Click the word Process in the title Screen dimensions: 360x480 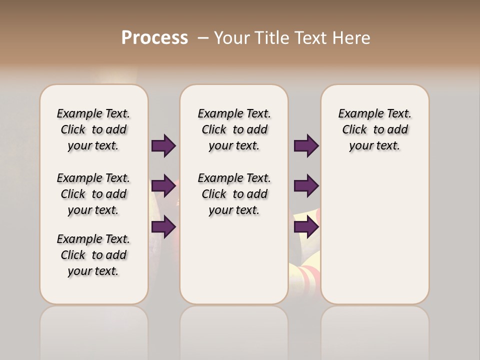[154, 38]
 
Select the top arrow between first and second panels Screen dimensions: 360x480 [163, 145]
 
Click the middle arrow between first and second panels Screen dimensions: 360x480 [163, 186]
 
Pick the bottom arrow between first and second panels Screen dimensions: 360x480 [163, 226]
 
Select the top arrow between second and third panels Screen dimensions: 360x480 [306, 145]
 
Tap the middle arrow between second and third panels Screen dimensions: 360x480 [306, 186]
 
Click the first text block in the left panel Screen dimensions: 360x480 [93, 129]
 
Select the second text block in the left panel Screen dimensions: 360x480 [93, 194]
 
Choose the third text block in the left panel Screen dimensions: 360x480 [93, 255]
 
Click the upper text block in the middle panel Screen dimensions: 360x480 [234, 129]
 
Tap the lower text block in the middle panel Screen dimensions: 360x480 [234, 194]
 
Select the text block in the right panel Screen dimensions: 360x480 [374, 129]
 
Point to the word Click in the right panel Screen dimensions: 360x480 [354, 130]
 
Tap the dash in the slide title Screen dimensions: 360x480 [202, 38]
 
